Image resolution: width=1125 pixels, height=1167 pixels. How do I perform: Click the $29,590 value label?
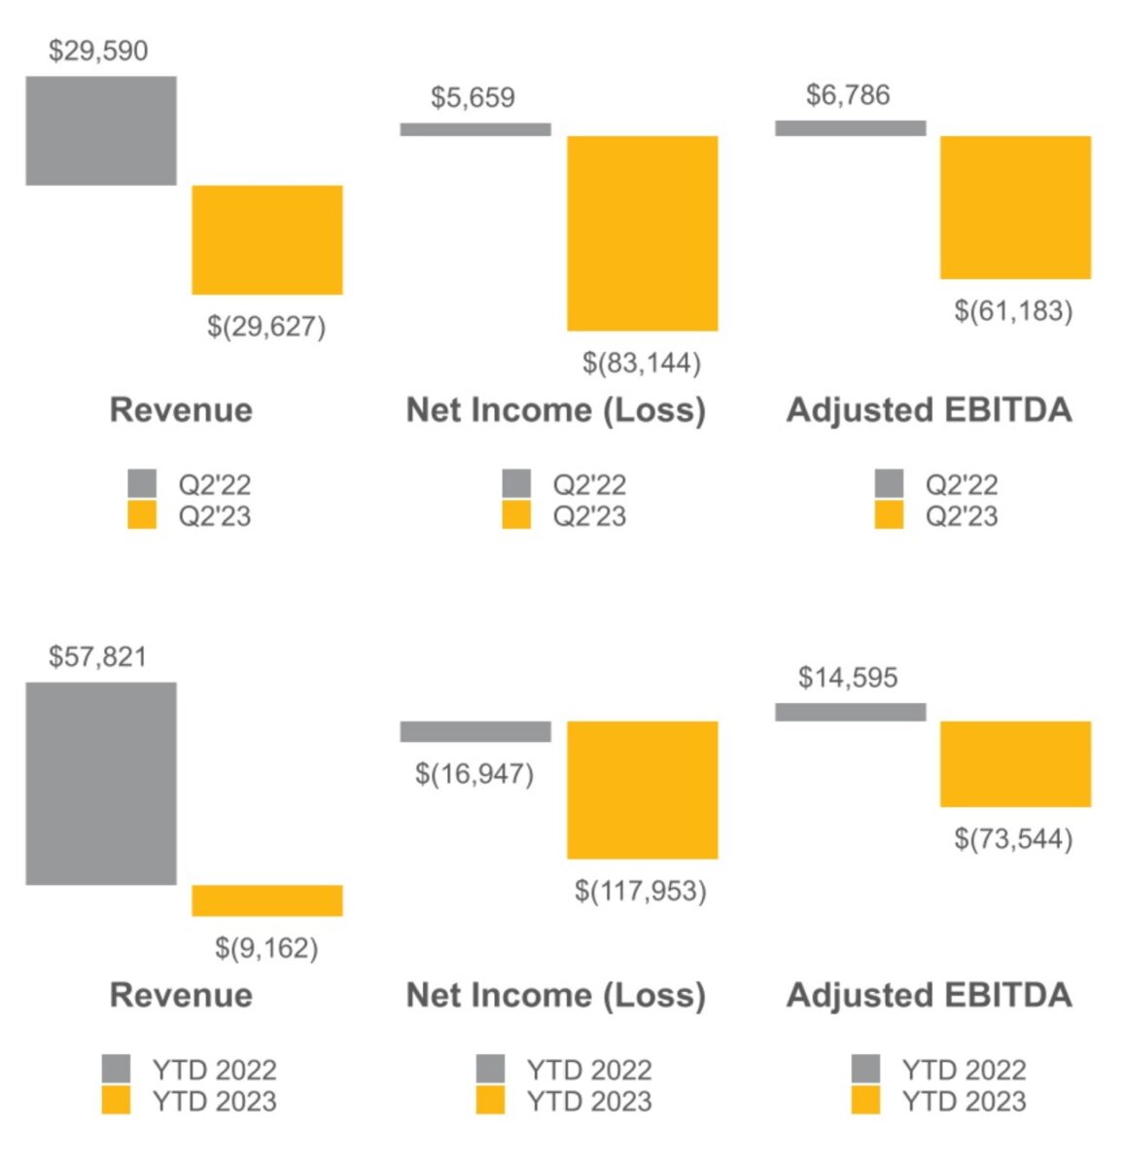(98, 51)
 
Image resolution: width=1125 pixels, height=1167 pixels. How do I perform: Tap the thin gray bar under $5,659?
(475, 129)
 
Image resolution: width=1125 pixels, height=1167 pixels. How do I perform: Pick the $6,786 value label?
(848, 95)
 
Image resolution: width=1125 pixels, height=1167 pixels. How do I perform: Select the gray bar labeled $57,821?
(101, 783)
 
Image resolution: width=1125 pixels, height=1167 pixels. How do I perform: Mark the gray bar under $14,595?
(850, 712)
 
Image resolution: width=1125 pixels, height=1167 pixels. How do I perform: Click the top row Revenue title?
(181, 409)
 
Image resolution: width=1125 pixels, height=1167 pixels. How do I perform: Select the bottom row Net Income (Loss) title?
(555, 995)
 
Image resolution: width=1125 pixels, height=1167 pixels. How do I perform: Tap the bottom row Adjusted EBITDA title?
(929, 995)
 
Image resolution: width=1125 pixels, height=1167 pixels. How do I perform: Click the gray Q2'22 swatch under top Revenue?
(142, 483)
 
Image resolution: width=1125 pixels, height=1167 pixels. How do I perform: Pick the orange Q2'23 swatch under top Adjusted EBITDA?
(889, 515)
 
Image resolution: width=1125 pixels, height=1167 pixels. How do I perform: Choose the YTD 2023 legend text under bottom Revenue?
(214, 1101)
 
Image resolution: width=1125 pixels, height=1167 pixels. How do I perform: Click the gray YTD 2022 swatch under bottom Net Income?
(490, 1069)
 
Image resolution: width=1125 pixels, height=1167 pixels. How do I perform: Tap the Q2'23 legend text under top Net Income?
(589, 515)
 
